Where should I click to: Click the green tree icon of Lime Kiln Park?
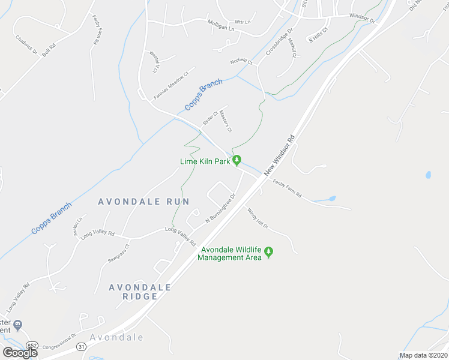coord(237,160)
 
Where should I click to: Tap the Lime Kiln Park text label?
coord(206,161)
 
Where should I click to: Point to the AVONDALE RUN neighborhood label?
coord(143,202)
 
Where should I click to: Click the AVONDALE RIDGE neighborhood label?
coord(140,292)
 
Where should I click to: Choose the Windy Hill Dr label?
coord(257,218)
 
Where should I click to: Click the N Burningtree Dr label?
coord(220,208)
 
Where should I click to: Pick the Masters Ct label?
coord(225,121)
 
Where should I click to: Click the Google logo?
coord(20,353)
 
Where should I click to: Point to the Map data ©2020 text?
coord(423,355)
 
